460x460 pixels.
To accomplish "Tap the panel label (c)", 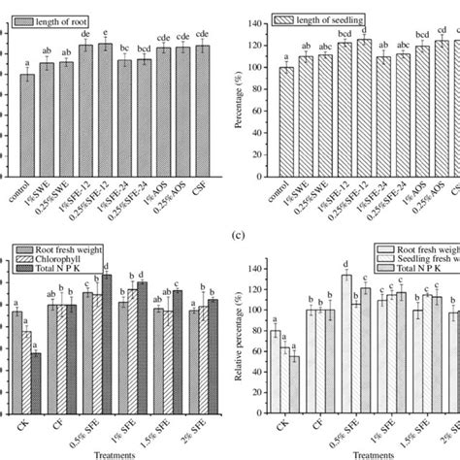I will (230, 232).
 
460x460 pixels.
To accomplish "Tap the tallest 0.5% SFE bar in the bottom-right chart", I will (345, 354).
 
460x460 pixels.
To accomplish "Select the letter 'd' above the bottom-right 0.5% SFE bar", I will (345, 264).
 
